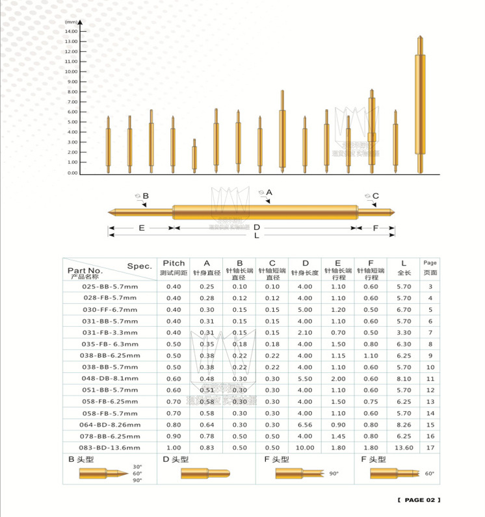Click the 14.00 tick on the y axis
[x=71, y=31]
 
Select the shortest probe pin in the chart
[x=194, y=156]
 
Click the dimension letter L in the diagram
[x=257, y=236]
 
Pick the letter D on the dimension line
[x=257, y=227]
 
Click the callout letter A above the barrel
[x=269, y=192]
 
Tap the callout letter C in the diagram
[x=375, y=195]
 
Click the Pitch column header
[x=174, y=263]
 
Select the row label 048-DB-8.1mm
[x=110, y=378]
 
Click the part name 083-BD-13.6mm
[x=110, y=448]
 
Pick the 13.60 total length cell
[x=404, y=448]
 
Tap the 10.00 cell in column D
[x=304, y=448]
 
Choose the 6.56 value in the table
[x=304, y=425]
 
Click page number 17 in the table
[x=430, y=448]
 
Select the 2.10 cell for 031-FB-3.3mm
[x=304, y=332]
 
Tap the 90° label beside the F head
[x=334, y=474]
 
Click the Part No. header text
[x=85, y=270]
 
